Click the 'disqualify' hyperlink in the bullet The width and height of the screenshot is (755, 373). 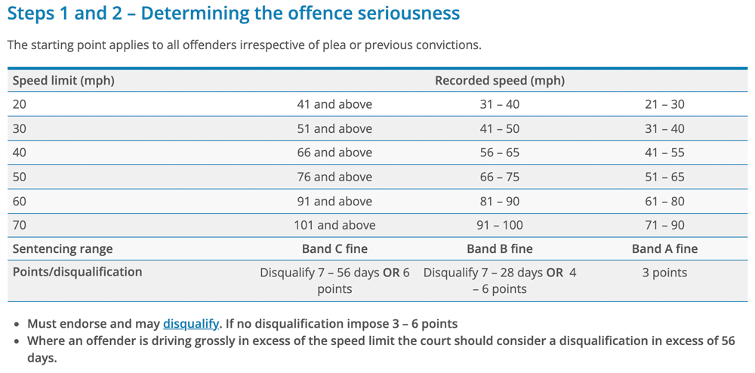click(191, 324)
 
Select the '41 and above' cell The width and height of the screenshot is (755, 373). click(334, 104)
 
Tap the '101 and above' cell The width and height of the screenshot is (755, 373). click(334, 225)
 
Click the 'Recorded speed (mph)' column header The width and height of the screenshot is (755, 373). click(499, 80)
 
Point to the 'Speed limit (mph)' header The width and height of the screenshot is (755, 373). click(63, 80)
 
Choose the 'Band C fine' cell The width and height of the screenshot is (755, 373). click(334, 248)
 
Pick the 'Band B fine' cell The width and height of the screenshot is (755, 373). click(499, 248)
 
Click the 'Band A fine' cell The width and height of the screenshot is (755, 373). click(664, 248)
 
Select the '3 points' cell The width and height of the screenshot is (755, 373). click(664, 273)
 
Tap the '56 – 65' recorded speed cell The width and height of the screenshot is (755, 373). click(499, 153)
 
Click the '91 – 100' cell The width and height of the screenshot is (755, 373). click(499, 225)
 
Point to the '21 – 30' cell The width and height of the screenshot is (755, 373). click(664, 104)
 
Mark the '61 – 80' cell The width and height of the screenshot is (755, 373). click(664, 201)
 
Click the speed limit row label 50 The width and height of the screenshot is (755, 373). click(20, 177)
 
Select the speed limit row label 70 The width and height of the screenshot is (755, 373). click(20, 225)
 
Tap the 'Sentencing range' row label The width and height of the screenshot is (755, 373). click(63, 248)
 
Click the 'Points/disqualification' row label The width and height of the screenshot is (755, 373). click(77, 272)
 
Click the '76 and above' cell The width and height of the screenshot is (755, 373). click(334, 177)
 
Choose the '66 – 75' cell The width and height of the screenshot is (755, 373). click(499, 177)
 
